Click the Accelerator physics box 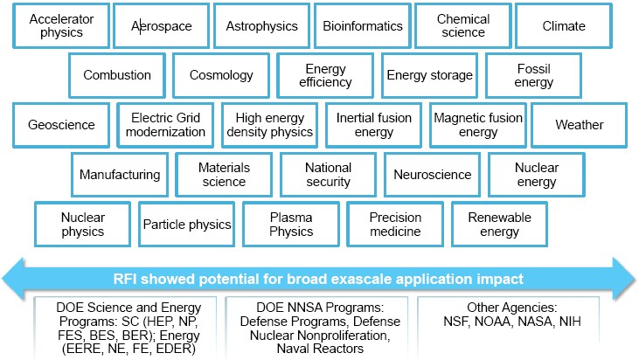[x=61, y=26]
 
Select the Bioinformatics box [x=362, y=26]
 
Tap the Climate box [x=564, y=26]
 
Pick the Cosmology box [x=221, y=75]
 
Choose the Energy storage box [x=430, y=75]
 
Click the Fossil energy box [x=533, y=75]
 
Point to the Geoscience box [x=61, y=125]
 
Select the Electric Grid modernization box [x=165, y=125]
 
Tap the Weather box [x=579, y=125]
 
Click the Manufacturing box [x=120, y=175]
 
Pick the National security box [x=328, y=175]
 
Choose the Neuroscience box [x=433, y=175]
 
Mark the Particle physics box [x=187, y=225]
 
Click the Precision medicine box [x=395, y=225]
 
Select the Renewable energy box [x=500, y=225]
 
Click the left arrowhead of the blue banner [x=13, y=279]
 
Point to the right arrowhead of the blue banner [x=624, y=279]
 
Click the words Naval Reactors [x=320, y=349]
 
